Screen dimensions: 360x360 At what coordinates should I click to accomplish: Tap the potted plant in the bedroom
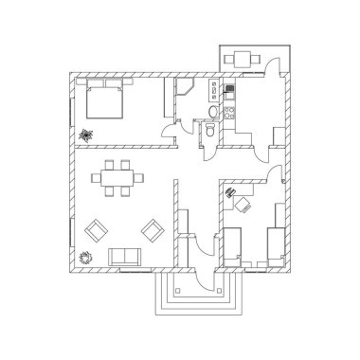click(89, 134)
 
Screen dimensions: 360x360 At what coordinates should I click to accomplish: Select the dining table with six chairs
click(118, 179)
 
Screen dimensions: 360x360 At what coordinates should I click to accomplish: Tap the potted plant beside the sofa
click(86, 254)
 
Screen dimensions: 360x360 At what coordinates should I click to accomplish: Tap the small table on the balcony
click(244, 57)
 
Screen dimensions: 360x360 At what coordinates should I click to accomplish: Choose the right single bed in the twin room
click(274, 243)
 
